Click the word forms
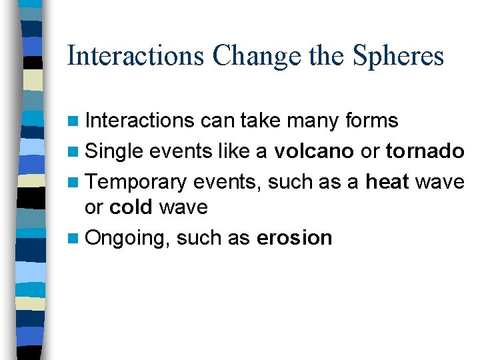(x=371, y=121)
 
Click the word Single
(x=114, y=151)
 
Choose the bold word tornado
(x=425, y=151)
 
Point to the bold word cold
(x=131, y=207)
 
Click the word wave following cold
(x=183, y=208)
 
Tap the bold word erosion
(x=294, y=237)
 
